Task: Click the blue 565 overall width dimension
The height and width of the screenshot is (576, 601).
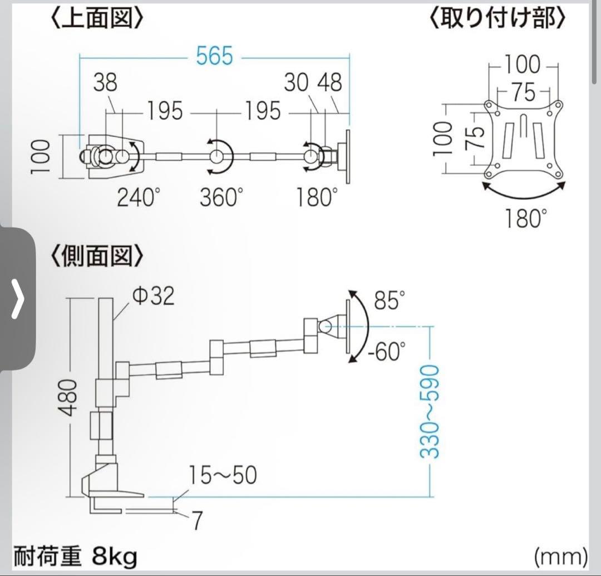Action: [214, 56]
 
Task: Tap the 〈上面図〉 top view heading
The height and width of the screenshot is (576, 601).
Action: [97, 18]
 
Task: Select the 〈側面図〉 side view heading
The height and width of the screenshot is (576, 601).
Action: [97, 257]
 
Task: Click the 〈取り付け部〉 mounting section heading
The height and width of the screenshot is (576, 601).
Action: [498, 18]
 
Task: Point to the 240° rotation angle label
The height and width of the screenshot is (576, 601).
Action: [139, 198]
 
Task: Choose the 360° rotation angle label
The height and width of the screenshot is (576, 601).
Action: [221, 198]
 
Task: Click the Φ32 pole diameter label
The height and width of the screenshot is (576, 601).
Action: [154, 296]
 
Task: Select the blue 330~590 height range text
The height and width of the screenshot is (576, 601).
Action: [429, 411]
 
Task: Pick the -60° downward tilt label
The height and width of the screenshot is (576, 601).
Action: [387, 352]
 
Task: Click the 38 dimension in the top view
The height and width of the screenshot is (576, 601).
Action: [105, 83]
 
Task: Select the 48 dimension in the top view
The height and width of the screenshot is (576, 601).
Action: [329, 83]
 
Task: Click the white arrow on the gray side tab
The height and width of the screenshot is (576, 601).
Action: [18, 299]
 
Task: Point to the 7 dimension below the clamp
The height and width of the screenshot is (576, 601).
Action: [196, 520]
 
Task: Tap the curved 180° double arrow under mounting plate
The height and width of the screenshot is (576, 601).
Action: [524, 193]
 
